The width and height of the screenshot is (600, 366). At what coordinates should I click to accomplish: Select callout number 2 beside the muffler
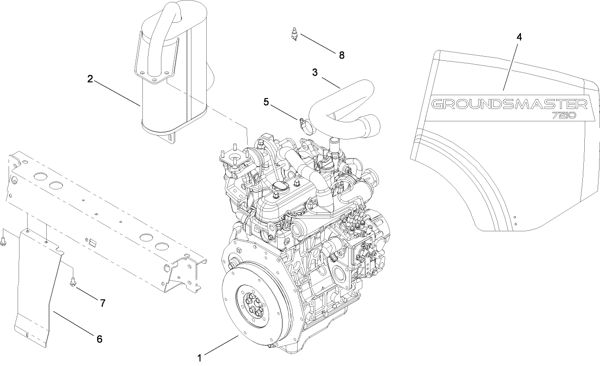90,79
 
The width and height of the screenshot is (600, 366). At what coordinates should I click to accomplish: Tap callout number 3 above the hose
315,72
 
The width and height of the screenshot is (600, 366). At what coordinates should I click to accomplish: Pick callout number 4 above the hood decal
519,37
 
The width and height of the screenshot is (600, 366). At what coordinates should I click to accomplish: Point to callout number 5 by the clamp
267,101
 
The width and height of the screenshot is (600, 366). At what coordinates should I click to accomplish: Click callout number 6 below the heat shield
99,339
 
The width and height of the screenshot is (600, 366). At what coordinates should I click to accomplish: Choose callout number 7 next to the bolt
102,302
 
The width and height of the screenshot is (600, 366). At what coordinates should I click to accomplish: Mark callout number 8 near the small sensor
341,55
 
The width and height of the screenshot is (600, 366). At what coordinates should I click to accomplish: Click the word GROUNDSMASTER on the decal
509,104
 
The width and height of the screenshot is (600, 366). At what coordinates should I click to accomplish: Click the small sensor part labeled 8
294,35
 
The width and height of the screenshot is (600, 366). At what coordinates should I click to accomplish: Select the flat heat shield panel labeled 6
36,286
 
